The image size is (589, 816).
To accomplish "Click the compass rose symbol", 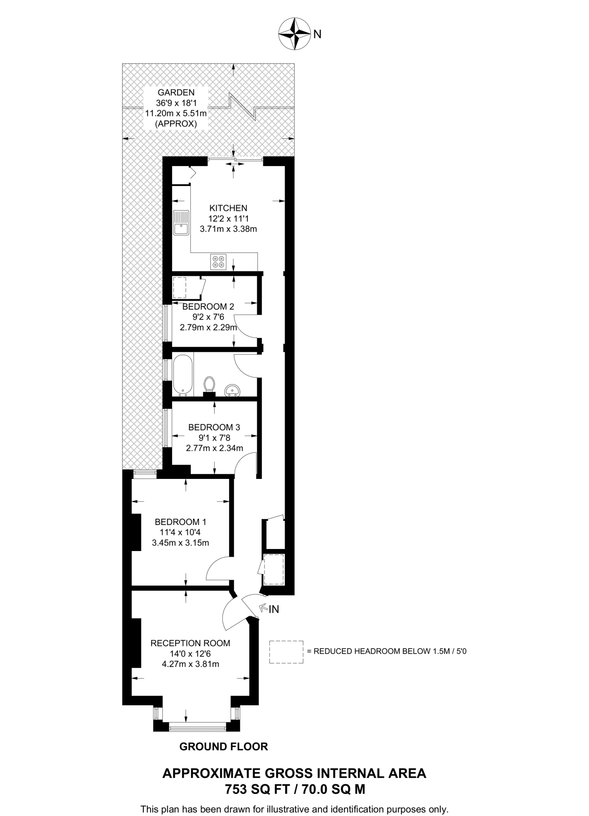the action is (294, 34).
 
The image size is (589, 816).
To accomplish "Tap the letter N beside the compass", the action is (317, 35).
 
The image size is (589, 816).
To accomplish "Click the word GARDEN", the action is (176, 92).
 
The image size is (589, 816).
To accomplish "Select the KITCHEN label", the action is (228, 208).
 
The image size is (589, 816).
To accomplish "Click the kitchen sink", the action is (181, 222).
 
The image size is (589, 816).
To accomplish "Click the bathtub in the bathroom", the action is (183, 375).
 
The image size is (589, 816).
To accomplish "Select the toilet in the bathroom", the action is (209, 386).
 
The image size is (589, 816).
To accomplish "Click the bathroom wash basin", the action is (232, 390).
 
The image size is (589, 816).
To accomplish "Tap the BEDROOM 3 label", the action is (214, 428).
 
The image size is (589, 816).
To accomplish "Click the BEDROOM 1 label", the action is (180, 522).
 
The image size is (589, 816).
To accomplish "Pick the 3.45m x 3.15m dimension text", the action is (180, 543).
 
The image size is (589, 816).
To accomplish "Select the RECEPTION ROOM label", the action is (190, 643).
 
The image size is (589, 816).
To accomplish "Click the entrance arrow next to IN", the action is (263, 608).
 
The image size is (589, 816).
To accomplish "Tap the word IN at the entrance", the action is (274, 609).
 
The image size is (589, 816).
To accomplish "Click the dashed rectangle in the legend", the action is (286, 652).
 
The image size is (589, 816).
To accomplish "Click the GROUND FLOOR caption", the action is (224, 747).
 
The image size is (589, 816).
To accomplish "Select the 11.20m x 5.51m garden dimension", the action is (176, 113).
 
